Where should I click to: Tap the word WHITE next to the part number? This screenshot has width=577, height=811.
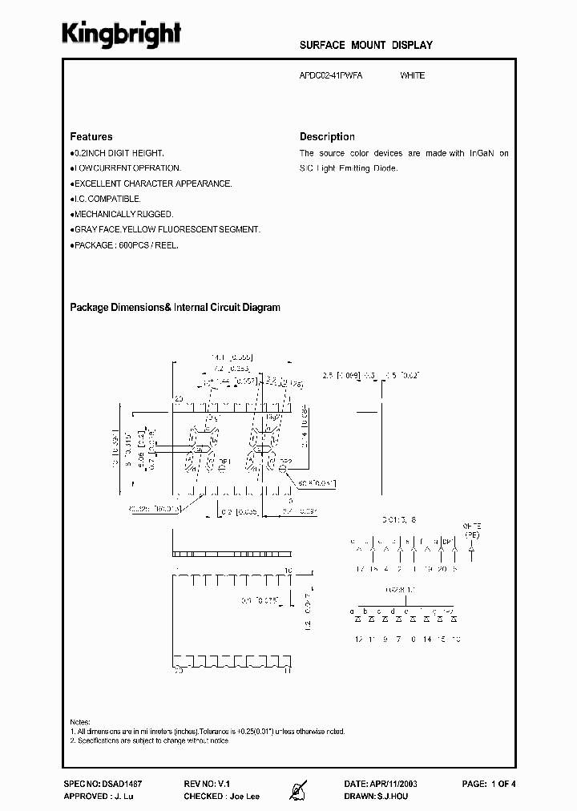(412, 75)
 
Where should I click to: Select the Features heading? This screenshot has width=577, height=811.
(91, 136)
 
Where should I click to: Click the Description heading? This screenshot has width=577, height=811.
(327, 136)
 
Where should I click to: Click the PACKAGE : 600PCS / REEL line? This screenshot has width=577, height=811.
(124, 245)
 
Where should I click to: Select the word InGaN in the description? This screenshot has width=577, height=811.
(483, 153)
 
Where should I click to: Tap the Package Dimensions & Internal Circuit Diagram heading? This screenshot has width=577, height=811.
(176, 307)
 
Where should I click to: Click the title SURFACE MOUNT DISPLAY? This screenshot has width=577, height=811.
(366, 46)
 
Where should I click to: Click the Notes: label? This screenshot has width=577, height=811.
(80, 721)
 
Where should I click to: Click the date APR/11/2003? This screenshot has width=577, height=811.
(398, 783)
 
